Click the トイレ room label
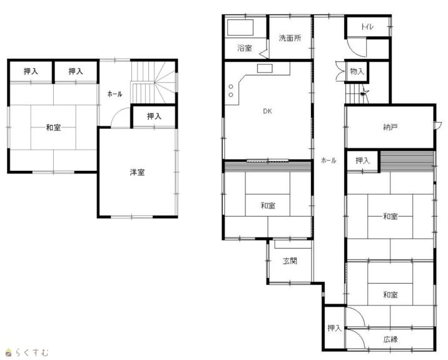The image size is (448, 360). (367, 27)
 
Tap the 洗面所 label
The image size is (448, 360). (290, 38)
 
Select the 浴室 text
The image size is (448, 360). (245, 48)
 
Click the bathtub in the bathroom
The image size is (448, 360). (240, 28)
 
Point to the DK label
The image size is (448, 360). (267, 111)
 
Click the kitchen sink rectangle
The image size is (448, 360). (265, 68)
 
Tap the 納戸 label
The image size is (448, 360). (390, 127)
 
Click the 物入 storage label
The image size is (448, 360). (357, 71)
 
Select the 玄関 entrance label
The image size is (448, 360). (290, 261)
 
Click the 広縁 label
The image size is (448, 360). (390, 339)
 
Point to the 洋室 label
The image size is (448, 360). (137, 172)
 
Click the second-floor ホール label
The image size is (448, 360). (115, 94)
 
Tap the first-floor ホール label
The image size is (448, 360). (328, 160)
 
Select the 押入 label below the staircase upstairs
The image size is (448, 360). (155, 116)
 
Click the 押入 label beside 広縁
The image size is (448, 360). (335, 328)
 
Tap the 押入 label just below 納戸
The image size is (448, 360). (362, 161)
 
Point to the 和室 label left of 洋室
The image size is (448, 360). (53, 128)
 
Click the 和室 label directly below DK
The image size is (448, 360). (268, 205)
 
